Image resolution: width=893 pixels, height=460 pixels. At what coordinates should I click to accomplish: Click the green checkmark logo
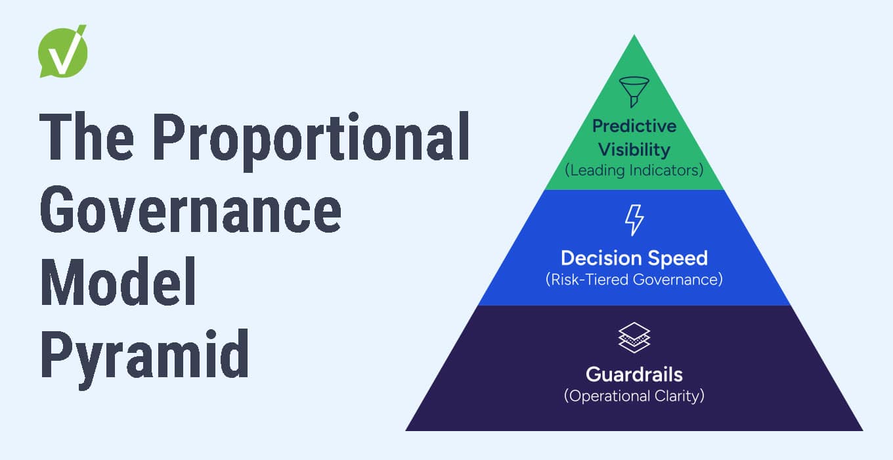click(63, 53)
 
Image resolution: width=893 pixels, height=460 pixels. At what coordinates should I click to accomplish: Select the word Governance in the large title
click(190, 212)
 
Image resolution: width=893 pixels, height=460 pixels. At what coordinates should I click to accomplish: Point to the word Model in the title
click(119, 285)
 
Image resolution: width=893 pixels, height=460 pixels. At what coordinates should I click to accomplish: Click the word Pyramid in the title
click(144, 357)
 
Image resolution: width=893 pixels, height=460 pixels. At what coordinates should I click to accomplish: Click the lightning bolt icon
click(634, 220)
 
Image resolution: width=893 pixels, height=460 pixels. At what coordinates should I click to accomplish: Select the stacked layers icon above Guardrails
click(634, 338)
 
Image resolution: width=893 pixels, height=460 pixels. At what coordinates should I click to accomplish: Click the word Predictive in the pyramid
click(634, 126)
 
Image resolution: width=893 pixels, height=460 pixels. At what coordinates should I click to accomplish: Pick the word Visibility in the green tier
click(634, 149)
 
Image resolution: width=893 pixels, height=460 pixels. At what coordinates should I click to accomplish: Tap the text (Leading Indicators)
click(634, 170)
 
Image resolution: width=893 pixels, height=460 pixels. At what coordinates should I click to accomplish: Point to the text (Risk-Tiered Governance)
click(634, 279)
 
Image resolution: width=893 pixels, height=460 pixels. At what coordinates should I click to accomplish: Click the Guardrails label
click(634, 375)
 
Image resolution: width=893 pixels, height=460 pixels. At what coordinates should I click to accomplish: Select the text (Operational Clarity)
click(634, 396)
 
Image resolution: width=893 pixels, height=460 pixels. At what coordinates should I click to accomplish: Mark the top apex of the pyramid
click(634, 35)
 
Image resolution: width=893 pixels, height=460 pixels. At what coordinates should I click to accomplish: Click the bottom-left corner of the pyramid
click(407, 430)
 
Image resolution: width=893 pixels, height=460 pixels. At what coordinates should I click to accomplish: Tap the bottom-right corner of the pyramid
click(861, 430)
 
